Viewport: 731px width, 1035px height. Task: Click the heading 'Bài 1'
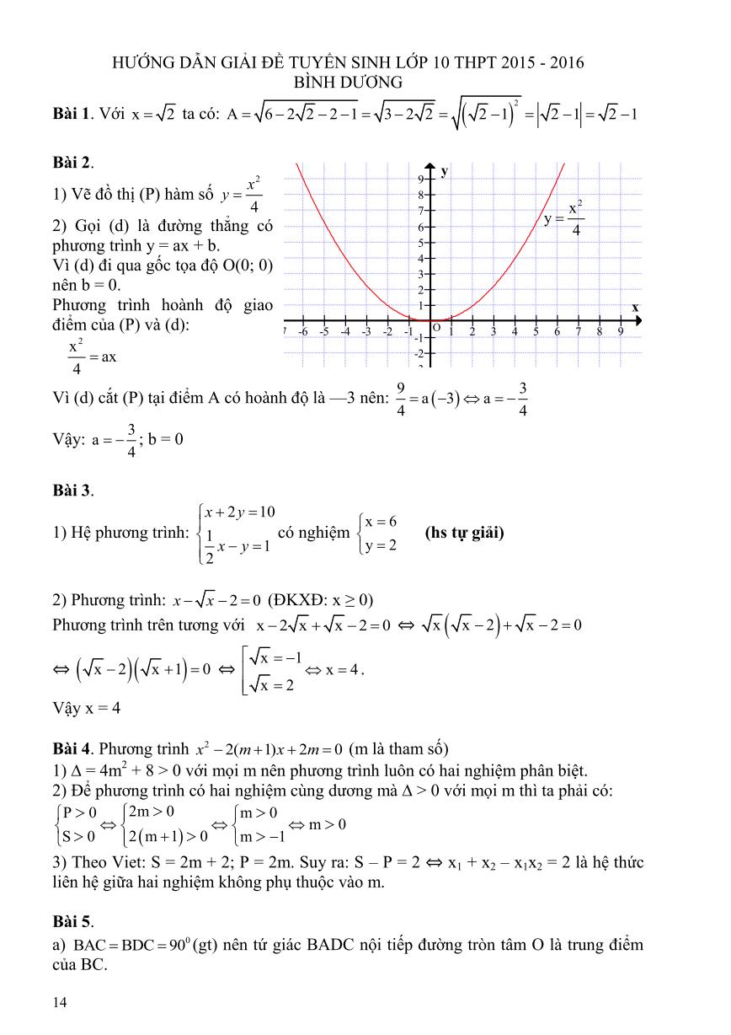point(70,114)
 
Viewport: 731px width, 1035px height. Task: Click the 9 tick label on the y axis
point(420,180)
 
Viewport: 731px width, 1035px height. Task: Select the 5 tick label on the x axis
point(536,331)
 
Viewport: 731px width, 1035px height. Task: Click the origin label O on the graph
point(436,326)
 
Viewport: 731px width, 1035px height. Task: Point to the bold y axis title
point(444,171)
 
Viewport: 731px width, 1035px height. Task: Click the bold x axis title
point(635,307)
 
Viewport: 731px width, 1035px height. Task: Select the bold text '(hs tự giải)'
point(464,532)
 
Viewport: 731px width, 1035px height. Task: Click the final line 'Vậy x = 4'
point(86,708)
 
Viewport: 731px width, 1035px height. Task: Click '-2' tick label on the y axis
point(419,353)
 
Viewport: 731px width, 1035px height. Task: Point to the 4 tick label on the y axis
point(420,258)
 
